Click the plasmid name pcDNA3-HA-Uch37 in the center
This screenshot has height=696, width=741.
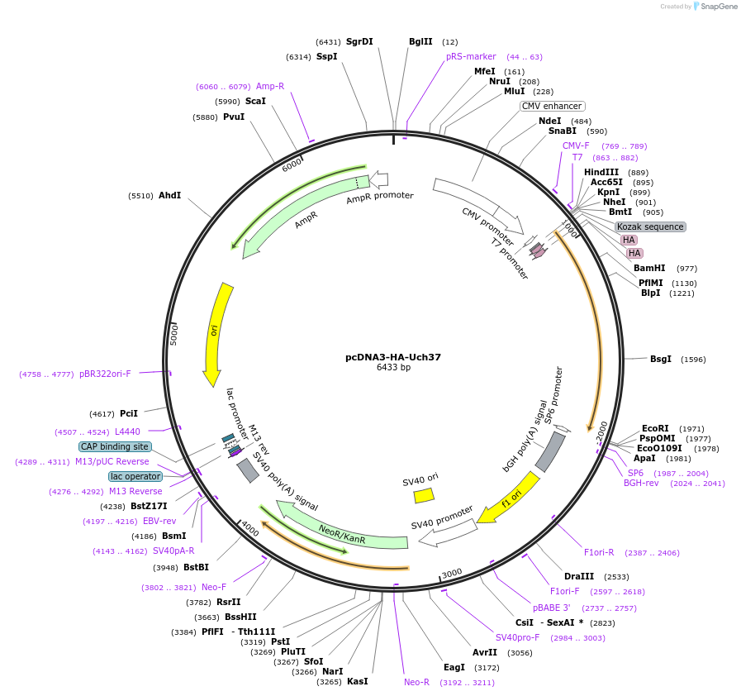(x=393, y=357)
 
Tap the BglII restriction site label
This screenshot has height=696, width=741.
(x=420, y=41)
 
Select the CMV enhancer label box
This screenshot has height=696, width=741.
(x=552, y=106)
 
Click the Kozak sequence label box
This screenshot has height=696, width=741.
(x=650, y=226)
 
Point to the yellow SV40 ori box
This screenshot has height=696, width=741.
(x=424, y=494)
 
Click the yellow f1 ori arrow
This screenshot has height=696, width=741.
(x=509, y=499)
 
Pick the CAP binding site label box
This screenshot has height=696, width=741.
(x=115, y=446)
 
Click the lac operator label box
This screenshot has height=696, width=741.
(x=135, y=476)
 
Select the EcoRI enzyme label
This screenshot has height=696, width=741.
(x=655, y=428)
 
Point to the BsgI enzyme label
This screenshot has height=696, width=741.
(x=660, y=359)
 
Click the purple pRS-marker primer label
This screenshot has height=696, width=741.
(x=471, y=56)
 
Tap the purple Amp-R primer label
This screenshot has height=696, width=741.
(x=270, y=86)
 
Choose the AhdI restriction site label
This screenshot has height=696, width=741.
(x=169, y=195)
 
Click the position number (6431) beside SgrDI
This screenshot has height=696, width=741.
(x=328, y=41)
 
